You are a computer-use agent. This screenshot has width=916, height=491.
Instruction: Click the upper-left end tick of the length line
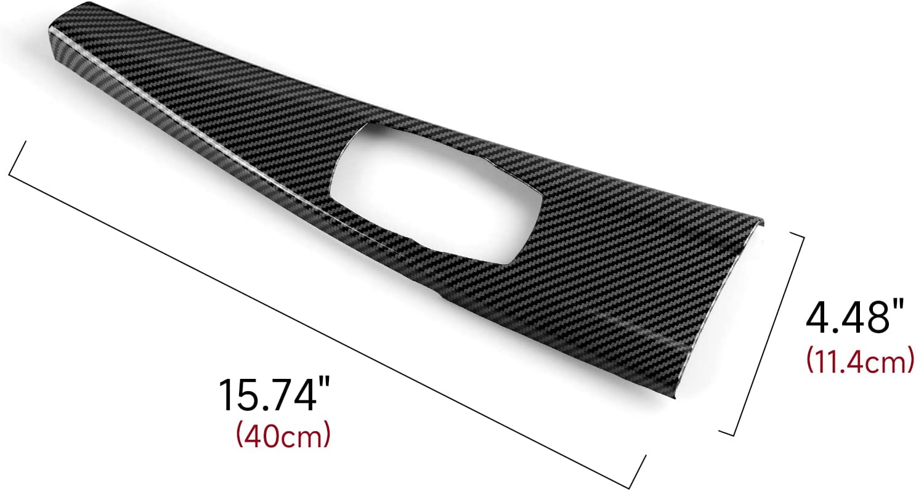tap(17, 159)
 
